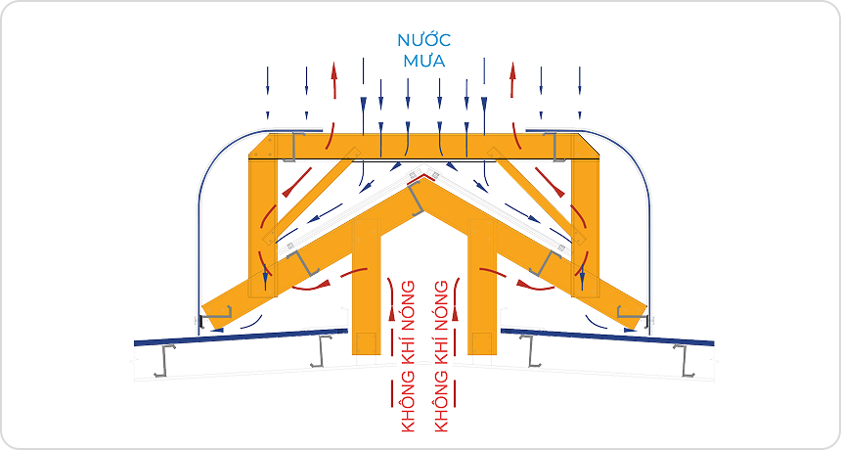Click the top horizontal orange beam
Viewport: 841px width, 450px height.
coord(422,146)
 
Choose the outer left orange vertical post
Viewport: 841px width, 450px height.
coord(262,225)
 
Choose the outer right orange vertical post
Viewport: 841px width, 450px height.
coord(584,225)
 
